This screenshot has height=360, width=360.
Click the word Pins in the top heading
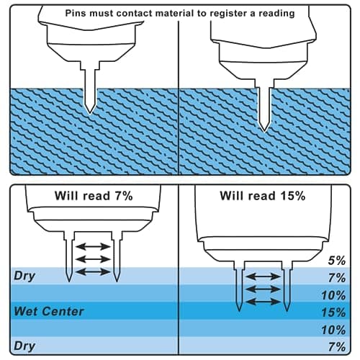coord(76,13)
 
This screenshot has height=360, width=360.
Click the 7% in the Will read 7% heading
coord(124,196)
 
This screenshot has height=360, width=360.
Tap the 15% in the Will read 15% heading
coord(293,196)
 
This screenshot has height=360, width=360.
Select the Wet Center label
coord(49,311)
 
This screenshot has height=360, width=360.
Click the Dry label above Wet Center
coord(24,276)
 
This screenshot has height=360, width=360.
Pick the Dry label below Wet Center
coord(24,346)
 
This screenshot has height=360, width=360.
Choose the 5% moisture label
coord(337,261)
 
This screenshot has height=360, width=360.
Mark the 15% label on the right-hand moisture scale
coord(333,312)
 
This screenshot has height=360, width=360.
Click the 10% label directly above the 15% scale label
coord(333,295)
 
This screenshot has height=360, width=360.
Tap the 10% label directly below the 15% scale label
coord(333,330)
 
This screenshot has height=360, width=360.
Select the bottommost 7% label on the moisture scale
coord(337,347)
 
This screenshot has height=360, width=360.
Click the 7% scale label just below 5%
coord(337,278)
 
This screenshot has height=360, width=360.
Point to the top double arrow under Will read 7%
coord(93,246)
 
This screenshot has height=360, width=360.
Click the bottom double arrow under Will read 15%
coord(264,302)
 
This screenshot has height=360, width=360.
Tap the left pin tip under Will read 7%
coord(69,280)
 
